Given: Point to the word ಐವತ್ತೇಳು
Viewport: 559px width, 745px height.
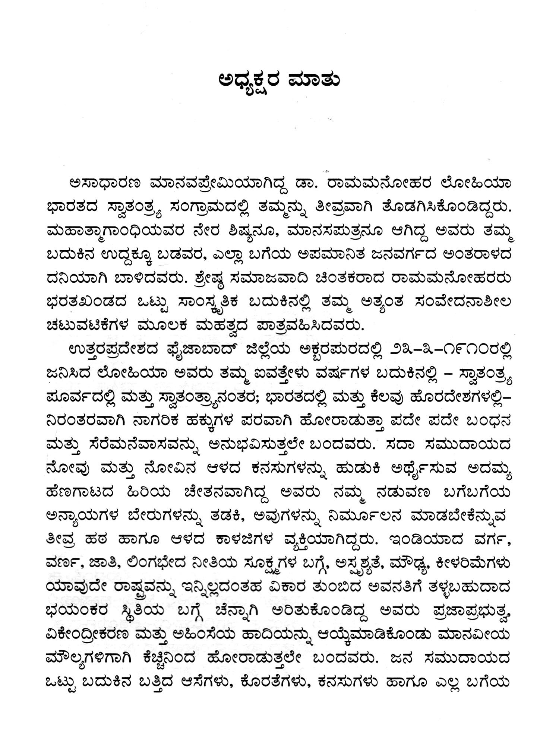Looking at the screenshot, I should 275,374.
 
